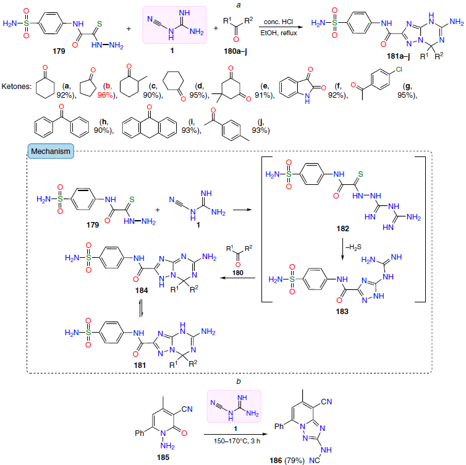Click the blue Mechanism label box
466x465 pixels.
[51, 151]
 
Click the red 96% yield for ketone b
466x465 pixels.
[105, 95]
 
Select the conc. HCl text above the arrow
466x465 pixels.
[279, 22]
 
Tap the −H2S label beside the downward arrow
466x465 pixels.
[354, 247]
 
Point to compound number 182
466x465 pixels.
[342, 228]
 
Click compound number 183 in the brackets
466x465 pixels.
[342, 311]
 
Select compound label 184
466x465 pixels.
[142, 291]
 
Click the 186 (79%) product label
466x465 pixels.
[287, 461]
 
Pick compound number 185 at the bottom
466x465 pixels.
[163, 457]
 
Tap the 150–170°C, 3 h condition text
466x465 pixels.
[237, 441]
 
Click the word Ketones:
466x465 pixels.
[16, 87]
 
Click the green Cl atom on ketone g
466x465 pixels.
[399, 69]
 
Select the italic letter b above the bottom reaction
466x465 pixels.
[239, 382]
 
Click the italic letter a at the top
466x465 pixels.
[239, 6]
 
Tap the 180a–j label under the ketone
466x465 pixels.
[235, 51]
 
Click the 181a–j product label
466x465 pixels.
[398, 56]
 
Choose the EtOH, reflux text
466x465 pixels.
[279, 33]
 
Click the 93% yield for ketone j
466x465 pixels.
[261, 130]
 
